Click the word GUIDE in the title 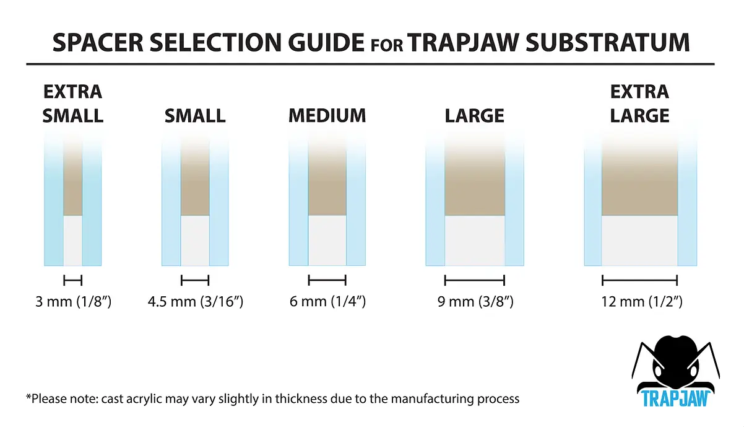326,42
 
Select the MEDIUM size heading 327,115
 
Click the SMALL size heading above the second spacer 195,116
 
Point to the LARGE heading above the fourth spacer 474,116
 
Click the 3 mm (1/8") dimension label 73,302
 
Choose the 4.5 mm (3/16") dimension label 196,302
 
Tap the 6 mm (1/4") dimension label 327,302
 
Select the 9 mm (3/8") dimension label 475,302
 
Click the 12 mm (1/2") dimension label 642,302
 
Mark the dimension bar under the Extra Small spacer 73,280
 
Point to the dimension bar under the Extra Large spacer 640,280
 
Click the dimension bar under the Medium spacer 327,280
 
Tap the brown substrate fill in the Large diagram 475,180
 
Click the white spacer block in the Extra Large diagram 640,240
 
